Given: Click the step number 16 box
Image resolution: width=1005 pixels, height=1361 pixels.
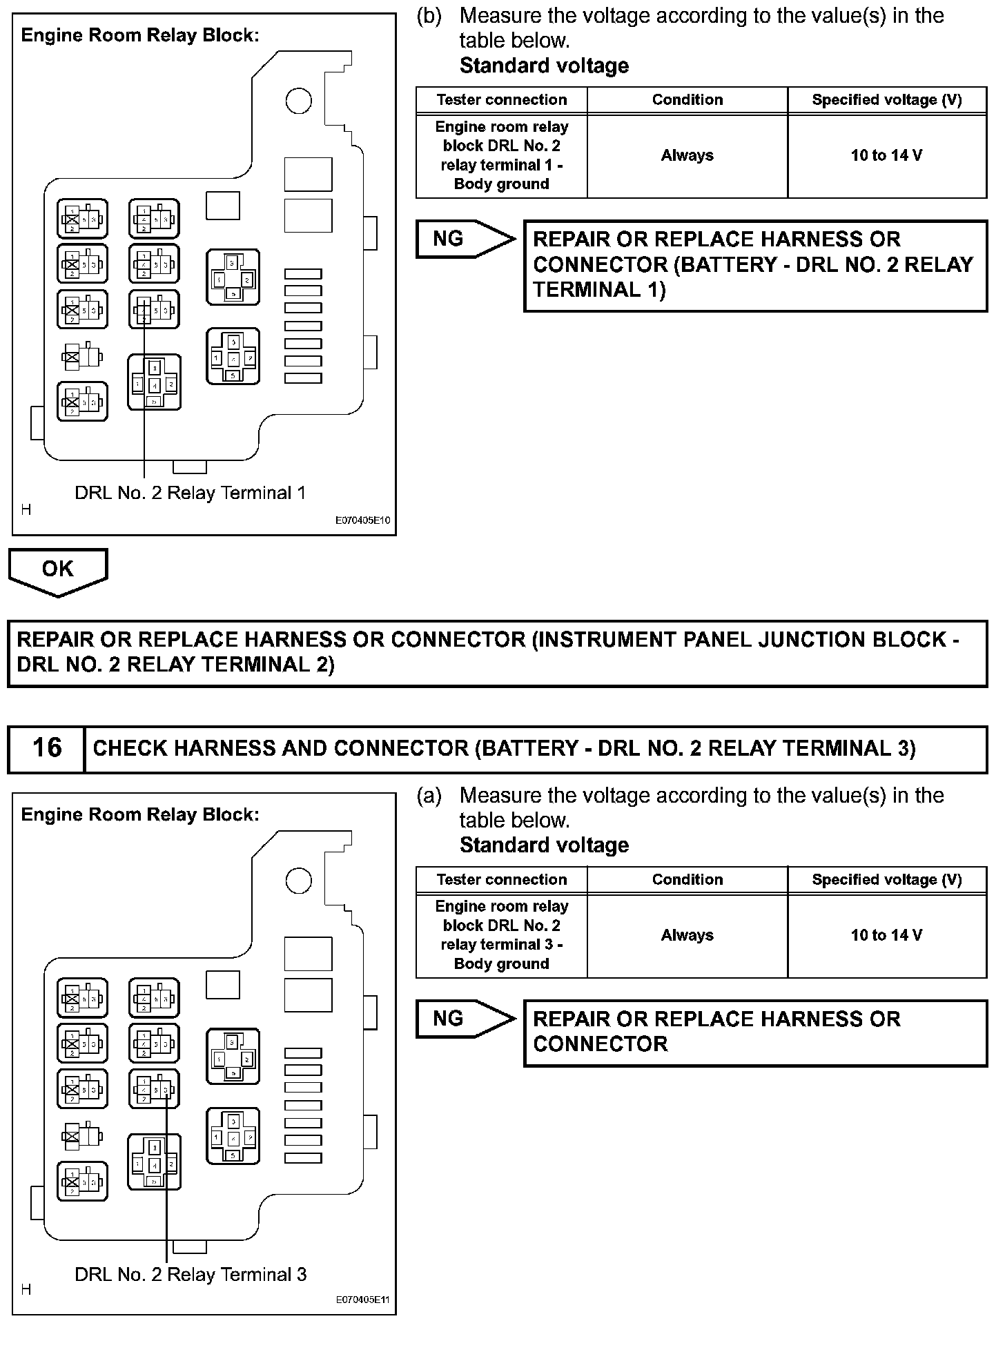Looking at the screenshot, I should click(47, 748).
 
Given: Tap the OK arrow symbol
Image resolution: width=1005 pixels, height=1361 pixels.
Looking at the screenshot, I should click(58, 571).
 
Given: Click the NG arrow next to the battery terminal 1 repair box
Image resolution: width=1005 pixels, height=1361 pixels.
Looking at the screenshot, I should click(464, 239).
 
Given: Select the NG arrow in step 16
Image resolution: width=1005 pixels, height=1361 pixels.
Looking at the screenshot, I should click(464, 1019).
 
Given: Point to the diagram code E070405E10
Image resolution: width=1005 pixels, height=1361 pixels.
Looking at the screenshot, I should click(362, 520).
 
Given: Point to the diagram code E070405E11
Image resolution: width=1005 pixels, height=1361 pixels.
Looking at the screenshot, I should click(362, 1300).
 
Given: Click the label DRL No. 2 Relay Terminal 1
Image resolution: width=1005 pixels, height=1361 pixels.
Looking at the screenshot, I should click(190, 493).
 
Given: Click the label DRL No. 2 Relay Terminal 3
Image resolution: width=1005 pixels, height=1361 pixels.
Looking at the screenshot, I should click(191, 1275).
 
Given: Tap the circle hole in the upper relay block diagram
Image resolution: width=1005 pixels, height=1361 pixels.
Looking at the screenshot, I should click(298, 101).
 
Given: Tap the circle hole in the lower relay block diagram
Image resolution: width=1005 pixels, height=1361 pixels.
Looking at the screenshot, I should click(298, 880).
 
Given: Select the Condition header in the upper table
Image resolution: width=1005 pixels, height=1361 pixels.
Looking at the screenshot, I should click(687, 100).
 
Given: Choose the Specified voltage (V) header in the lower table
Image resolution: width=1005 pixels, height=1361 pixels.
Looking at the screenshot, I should click(886, 879).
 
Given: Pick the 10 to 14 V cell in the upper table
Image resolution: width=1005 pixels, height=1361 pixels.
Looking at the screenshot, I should click(886, 155).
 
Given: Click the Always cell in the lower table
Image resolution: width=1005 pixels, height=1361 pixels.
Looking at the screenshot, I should click(687, 935).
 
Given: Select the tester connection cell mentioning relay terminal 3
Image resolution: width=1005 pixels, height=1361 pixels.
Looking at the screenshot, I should click(502, 935).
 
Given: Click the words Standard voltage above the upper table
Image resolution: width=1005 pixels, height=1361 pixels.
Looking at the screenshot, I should click(544, 66).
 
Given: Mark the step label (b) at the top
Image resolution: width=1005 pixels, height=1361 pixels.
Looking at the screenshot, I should click(429, 16).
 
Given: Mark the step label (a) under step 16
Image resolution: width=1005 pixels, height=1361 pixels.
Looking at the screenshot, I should click(429, 796).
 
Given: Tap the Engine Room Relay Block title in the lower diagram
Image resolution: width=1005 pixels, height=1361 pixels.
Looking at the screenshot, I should click(140, 815).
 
